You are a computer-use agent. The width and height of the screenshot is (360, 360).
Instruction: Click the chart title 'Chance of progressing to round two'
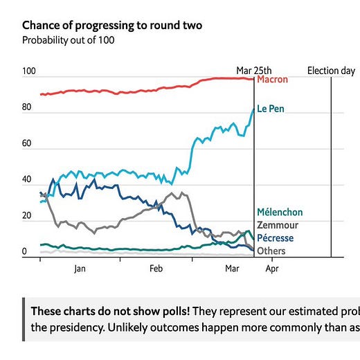pyautogui.click(x=112, y=26)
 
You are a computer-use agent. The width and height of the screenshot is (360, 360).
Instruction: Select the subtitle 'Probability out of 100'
pyautogui.click(x=69, y=40)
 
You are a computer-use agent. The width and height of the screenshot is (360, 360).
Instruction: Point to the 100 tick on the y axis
pyautogui.click(x=29, y=71)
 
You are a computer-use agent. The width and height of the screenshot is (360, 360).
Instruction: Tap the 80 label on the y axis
pyautogui.click(x=26, y=107)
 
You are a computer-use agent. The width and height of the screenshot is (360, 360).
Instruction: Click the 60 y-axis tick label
pyautogui.click(x=26, y=143)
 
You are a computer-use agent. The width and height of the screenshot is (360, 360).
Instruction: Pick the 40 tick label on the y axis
pyautogui.click(x=26, y=179)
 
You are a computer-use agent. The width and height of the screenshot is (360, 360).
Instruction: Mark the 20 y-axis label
pyautogui.click(x=26, y=215)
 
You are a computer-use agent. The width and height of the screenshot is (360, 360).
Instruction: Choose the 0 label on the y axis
pyautogui.click(x=24, y=251)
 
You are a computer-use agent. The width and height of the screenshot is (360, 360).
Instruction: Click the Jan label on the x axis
pyautogui.click(x=80, y=269)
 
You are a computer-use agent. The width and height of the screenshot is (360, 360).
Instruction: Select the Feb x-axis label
pyautogui.click(x=156, y=269)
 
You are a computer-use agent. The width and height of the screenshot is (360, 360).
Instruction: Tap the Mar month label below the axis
pyautogui.click(x=232, y=269)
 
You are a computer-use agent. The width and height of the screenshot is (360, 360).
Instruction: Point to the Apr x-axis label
pyautogui.click(x=272, y=269)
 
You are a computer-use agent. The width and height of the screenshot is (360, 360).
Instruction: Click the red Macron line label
pyautogui.click(x=273, y=80)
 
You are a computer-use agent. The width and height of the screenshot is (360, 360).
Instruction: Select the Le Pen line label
pyautogui.click(x=271, y=109)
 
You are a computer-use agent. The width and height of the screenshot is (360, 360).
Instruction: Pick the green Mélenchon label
pyautogui.click(x=280, y=213)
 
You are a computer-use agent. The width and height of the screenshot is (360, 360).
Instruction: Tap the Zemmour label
pyautogui.click(x=278, y=225)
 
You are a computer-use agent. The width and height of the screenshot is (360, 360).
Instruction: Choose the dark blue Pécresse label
pyautogui.click(x=276, y=238)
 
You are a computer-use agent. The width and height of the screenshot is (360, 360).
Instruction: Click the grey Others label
pyautogui.click(x=271, y=251)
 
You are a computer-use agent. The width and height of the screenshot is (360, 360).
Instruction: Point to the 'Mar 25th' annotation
pyautogui.click(x=254, y=71)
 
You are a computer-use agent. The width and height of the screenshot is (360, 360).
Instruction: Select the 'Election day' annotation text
pyautogui.click(x=331, y=71)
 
